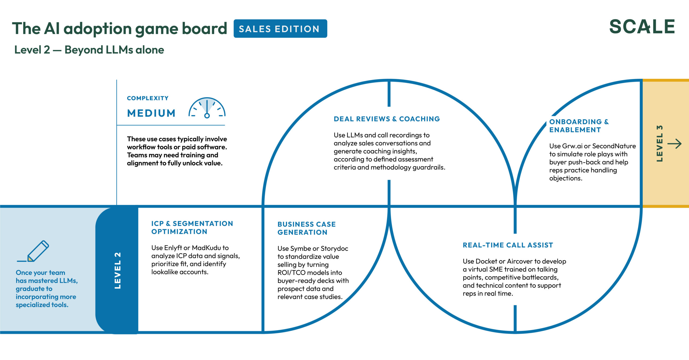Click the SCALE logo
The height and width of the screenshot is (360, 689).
(x=642, y=27)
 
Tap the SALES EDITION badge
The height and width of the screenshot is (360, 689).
(x=280, y=29)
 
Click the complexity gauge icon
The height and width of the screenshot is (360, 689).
(x=207, y=108)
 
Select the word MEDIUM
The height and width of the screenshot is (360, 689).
(x=151, y=113)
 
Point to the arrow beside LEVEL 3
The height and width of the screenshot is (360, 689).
(x=674, y=144)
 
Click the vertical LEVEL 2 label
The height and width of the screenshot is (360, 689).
(x=118, y=270)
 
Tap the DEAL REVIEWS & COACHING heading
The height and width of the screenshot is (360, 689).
(x=387, y=119)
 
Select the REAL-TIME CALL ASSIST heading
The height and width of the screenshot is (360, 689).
(x=508, y=245)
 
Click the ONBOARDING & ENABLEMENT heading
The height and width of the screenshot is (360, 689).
(x=579, y=126)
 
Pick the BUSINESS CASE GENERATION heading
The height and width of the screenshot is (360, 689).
(x=307, y=228)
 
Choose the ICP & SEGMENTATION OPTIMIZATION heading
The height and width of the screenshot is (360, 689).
(x=192, y=228)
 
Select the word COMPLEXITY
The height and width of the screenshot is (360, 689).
(x=147, y=98)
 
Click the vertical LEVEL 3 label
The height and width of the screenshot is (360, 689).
(x=659, y=144)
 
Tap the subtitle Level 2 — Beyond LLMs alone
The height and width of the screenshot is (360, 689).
(x=89, y=50)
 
